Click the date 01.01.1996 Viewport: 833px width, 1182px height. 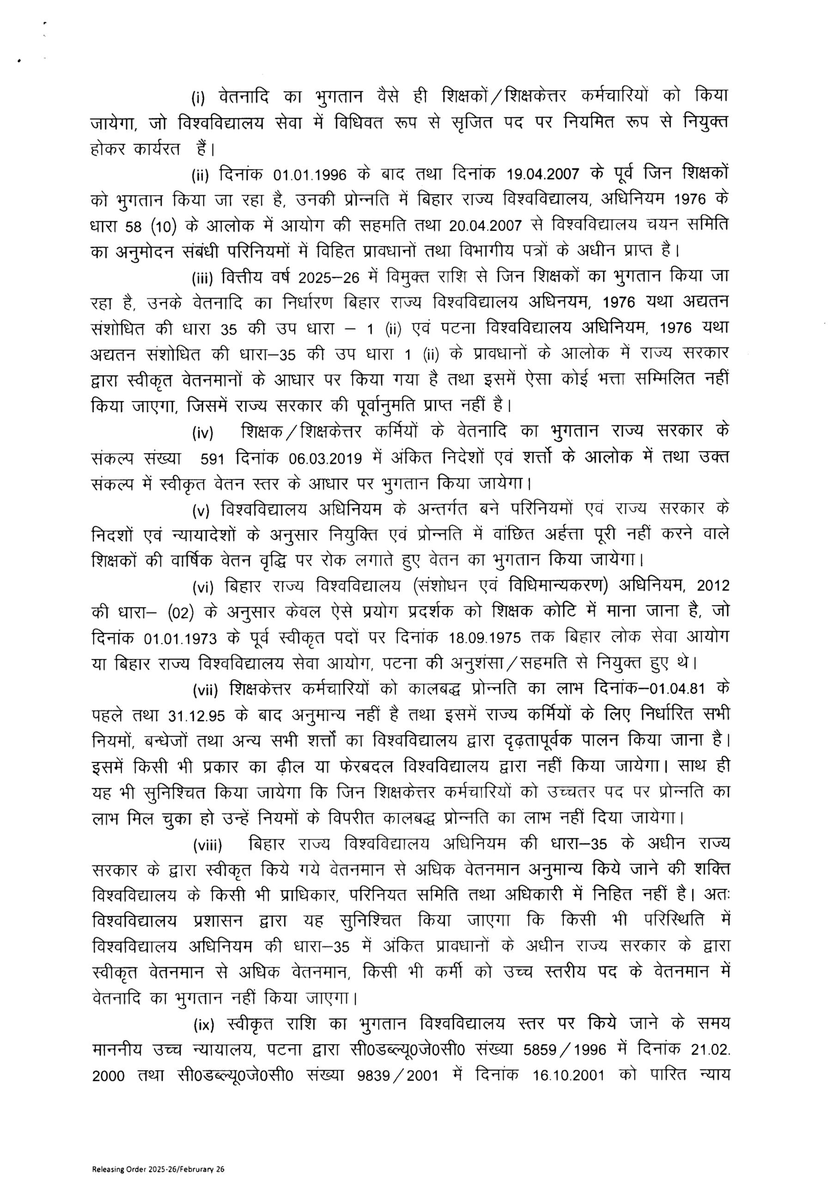point(310,175)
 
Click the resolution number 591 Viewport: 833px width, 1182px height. point(213,458)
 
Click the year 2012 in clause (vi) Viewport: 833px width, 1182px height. point(713,586)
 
